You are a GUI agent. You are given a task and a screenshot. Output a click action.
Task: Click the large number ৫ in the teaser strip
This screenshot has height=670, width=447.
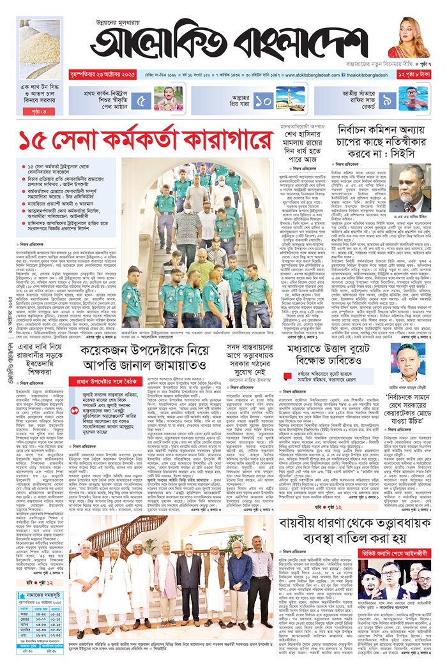143,100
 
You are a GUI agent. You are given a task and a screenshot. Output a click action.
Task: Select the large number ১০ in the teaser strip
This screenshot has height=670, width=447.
263,100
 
